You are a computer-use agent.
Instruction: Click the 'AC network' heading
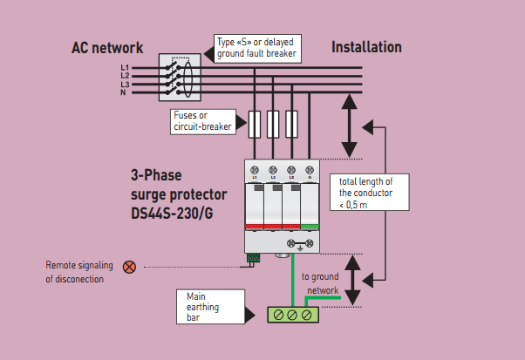[107, 48]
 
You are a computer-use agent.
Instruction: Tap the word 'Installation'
[366, 47]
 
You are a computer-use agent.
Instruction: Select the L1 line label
[125, 68]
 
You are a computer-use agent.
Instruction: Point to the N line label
[124, 92]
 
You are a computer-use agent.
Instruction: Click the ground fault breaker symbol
[179, 79]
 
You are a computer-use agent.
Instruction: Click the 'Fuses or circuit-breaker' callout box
[201, 120]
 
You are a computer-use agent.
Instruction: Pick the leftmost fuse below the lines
[254, 125]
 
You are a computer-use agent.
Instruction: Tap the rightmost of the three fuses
[293, 125]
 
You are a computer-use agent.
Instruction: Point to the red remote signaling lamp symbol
[129, 267]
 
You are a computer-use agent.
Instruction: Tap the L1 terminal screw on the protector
[255, 169]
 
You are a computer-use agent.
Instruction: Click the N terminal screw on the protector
[310, 169]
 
